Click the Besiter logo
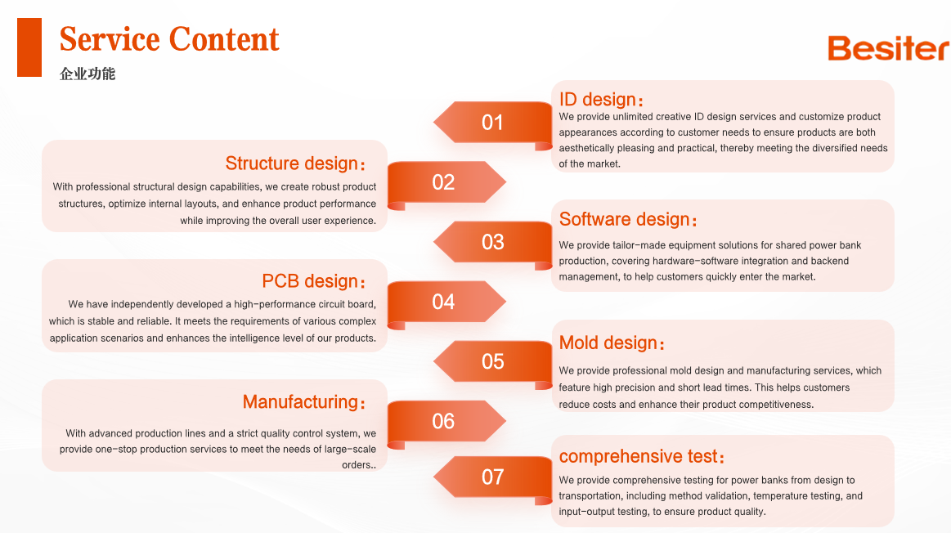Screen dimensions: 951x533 tap(889, 48)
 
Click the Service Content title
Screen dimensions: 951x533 tap(169, 39)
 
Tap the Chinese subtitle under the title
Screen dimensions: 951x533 tap(87, 74)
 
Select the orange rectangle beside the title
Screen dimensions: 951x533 tap(29, 47)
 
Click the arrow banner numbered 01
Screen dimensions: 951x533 tap(492, 125)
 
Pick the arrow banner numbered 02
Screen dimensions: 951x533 tap(446, 184)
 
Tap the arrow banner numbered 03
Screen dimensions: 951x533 tap(492, 244)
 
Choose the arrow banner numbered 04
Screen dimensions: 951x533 tap(446, 304)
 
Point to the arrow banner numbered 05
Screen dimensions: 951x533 tap(492, 364)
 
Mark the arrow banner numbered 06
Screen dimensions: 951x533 tap(446, 423)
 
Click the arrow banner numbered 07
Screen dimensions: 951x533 tap(492, 479)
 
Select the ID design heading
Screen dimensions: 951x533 tap(601, 100)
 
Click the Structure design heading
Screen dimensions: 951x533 tap(295, 163)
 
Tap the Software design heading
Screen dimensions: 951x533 tap(628, 220)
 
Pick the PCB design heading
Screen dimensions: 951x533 tap(313, 281)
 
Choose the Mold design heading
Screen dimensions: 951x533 tap(612, 343)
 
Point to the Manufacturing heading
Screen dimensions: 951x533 tap(304, 402)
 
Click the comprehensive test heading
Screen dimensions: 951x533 tap(642, 456)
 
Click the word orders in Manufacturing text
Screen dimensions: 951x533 tap(358, 465)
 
